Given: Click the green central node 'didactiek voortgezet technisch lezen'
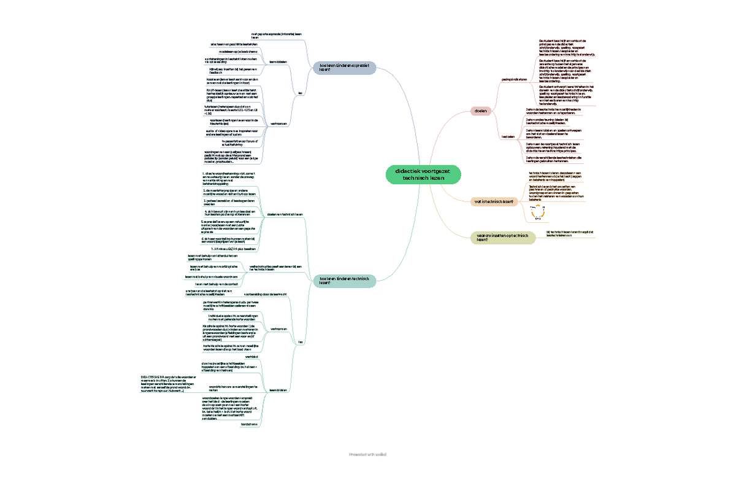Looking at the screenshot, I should (x=423, y=174).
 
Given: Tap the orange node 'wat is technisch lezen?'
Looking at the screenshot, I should (x=493, y=201).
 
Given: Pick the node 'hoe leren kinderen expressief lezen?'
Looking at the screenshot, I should (x=343, y=67).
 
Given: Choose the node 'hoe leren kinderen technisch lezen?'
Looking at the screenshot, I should (x=343, y=280).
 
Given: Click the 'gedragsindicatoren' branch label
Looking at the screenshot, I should (x=515, y=79).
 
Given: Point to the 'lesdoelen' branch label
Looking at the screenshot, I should (x=508, y=136).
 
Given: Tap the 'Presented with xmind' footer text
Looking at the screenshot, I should (x=367, y=454).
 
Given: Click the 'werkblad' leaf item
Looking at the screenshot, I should (x=251, y=357).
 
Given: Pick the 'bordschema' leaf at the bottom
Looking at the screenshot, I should (x=249, y=424).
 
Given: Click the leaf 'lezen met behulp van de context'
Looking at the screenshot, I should (x=217, y=284).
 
